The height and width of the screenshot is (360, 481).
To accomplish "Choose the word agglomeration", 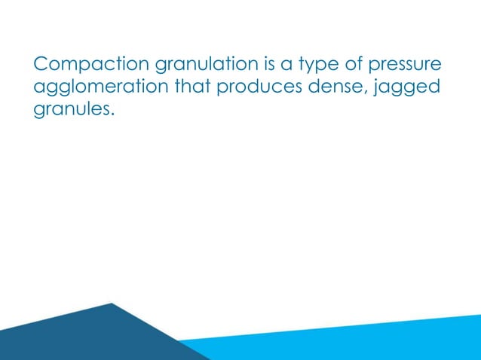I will (102, 90).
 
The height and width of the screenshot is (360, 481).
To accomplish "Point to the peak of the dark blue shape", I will (112, 304).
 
